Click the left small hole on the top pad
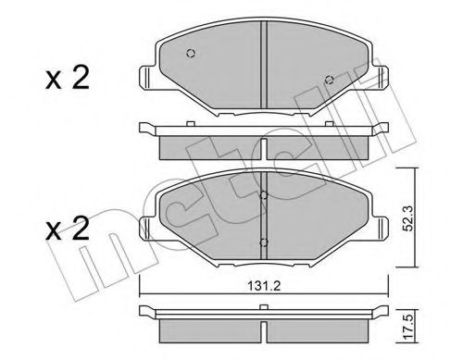click(x=191, y=53)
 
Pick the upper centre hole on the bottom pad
click(x=263, y=195)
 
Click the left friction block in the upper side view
click(x=209, y=145)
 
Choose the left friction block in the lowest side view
click(x=209, y=329)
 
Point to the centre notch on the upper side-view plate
click(x=264, y=131)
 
